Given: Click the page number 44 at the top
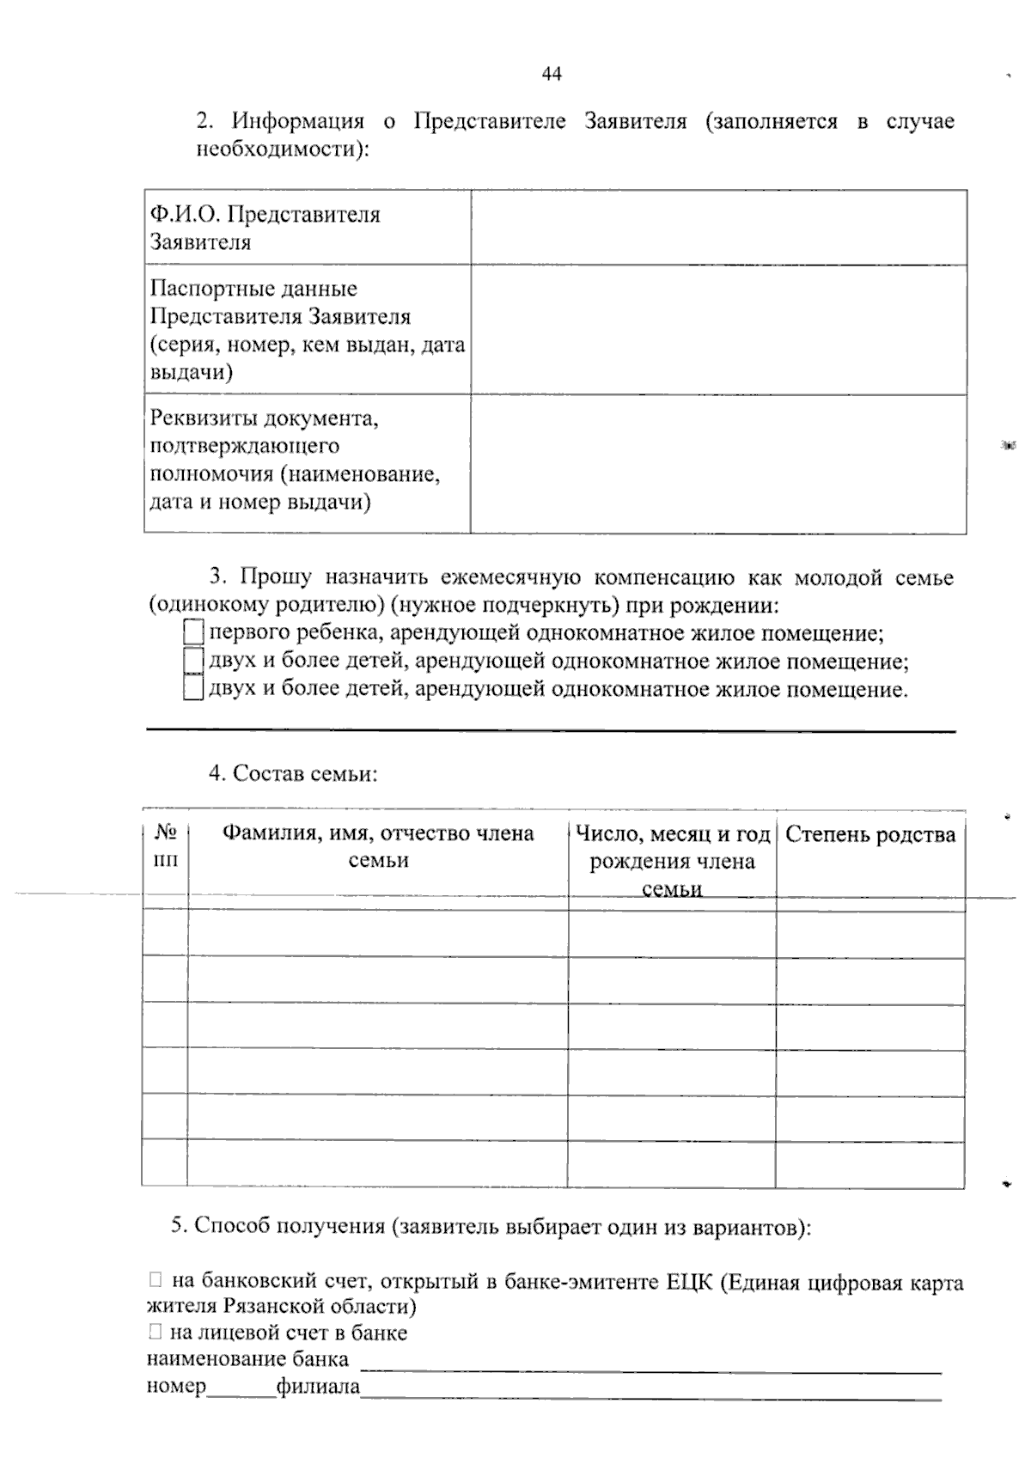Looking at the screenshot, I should pyautogui.click(x=552, y=75).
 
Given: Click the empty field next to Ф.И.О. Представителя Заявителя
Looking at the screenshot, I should pyautogui.click(x=718, y=228).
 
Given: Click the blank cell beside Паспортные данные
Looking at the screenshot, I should pyautogui.click(x=718, y=330).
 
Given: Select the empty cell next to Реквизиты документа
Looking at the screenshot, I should pyautogui.click(x=718, y=464).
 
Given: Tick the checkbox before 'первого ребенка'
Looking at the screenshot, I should pyautogui.click(x=193, y=634).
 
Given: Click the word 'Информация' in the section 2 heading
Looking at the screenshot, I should pyautogui.click(x=297, y=121).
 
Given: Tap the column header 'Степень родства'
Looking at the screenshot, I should pyautogui.click(x=869, y=835).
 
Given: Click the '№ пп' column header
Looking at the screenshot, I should pyautogui.click(x=166, y=845).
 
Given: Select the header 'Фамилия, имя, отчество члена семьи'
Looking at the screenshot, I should pyautogui.click(x=378, y=846).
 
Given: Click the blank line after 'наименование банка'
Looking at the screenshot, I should pyautogui.click(x=650, y=1360).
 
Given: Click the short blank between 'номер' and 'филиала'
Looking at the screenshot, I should pyautogui.click(x=241, y=1387).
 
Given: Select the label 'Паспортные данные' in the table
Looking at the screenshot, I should pyautogui.click(x=253, y=289).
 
